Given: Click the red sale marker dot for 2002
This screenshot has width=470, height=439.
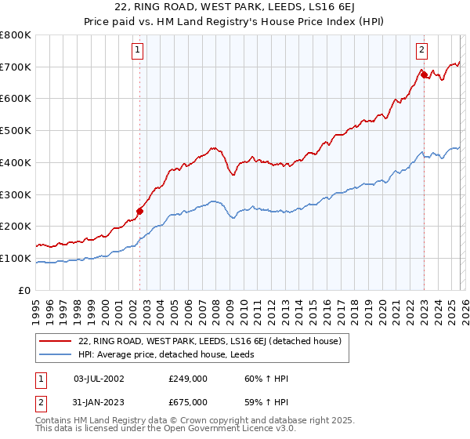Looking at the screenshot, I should coord(140,210).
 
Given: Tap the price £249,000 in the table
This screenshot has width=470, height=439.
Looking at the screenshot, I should coord(186,378).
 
